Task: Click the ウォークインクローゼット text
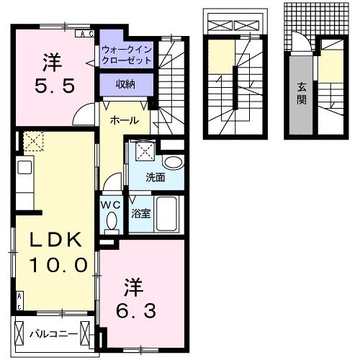click(x=127, y=55)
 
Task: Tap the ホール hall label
click(x=124, y=120)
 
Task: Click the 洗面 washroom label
click(x=156, y=176)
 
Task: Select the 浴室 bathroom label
click(x=141, y=213)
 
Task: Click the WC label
click(x=110, y=204)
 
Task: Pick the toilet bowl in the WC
click(x=110, y=223)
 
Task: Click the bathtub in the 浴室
click(x=168, y=214)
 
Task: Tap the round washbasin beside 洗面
click(x=173, y=161)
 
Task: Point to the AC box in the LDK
click(x=19, y=301)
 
